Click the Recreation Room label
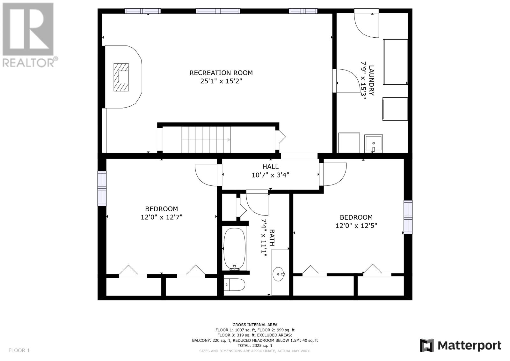(221, 73)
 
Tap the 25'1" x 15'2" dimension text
(221, 81)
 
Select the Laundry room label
(371, 80)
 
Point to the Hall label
(271, 167)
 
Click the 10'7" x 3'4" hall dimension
(271, 175)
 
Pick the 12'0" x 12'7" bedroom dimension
(161, 217)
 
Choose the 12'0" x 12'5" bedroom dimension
(356, 226)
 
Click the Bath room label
(272, 237)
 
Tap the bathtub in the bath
(235, 249)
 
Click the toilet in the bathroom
(235, 285)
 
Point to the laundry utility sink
(373, 143)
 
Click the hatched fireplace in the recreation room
(121, 77)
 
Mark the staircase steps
(206, 139)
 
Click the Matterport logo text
(469, 346)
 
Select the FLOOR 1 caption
(19, 350)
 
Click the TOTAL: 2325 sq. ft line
(255, 345)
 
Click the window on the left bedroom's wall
(102, 189)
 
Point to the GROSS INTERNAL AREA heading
(255, 325)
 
